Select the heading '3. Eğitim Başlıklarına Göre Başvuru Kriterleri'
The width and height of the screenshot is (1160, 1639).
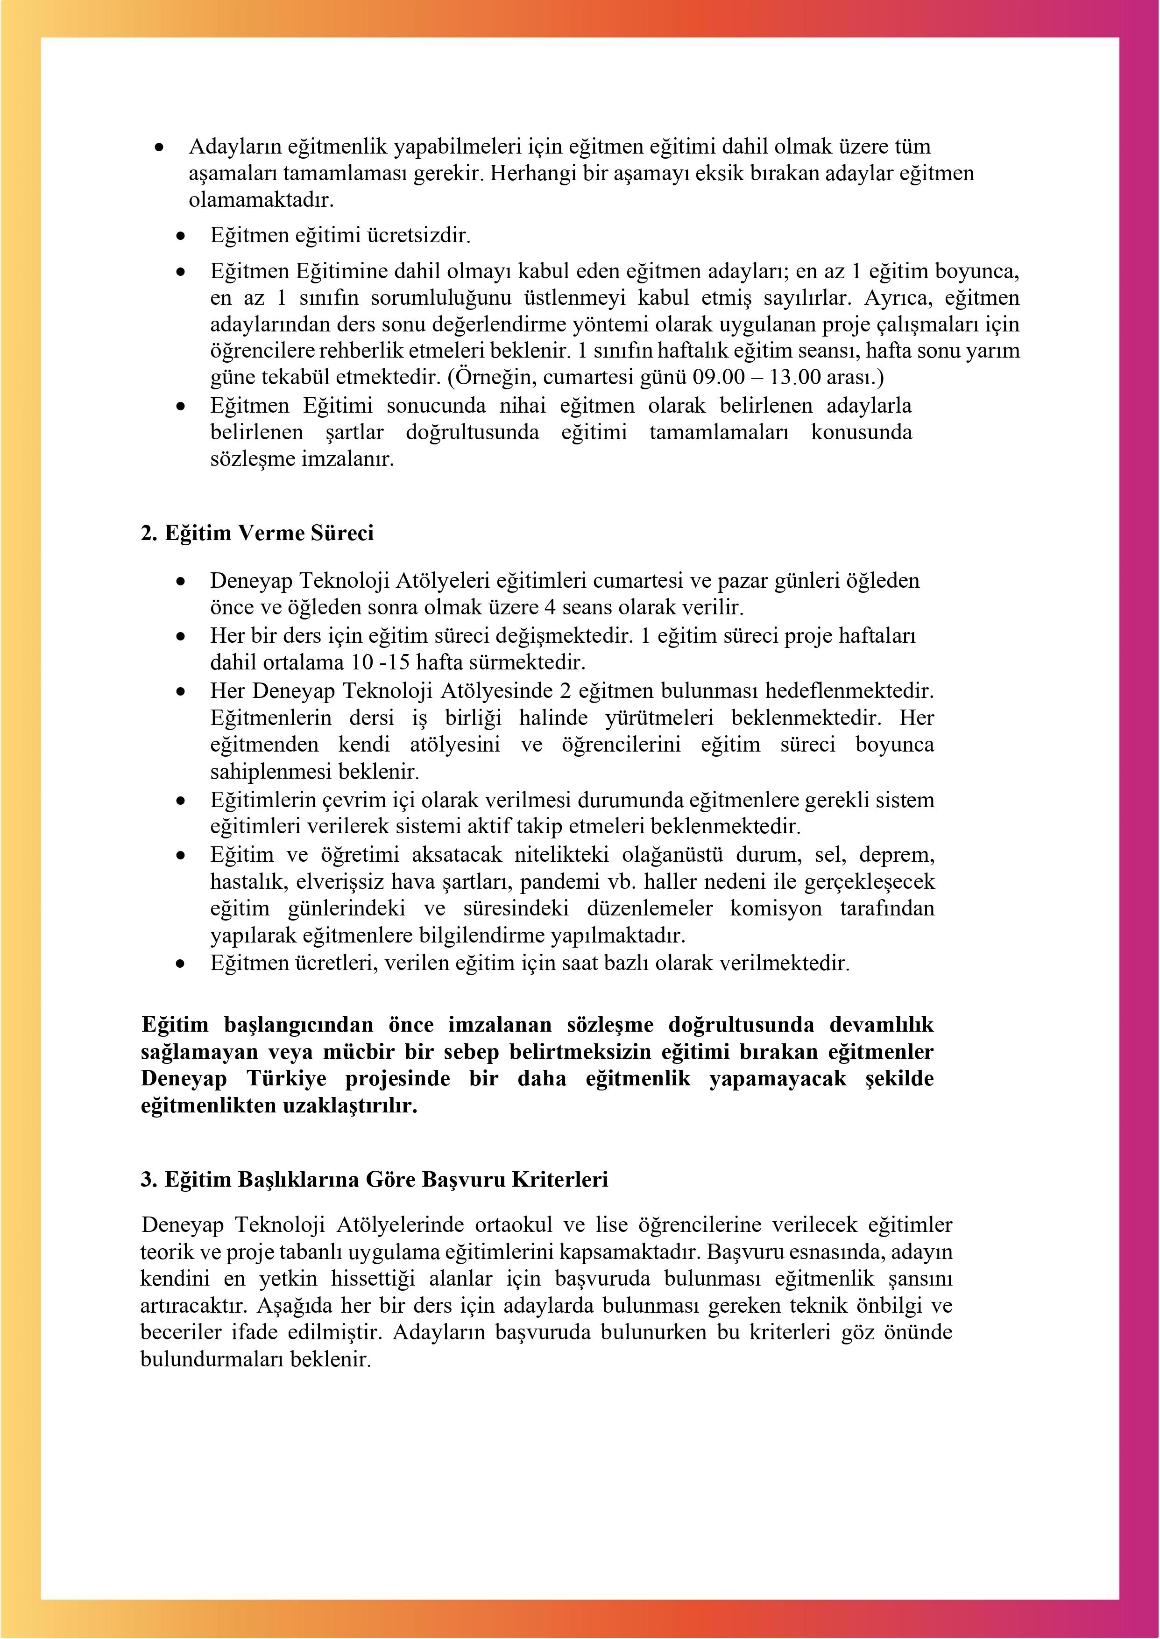coord(374,1179)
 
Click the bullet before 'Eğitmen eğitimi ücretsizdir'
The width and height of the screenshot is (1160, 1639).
coord(183,236)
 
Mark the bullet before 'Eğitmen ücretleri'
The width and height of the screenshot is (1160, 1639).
coord(183,964)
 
